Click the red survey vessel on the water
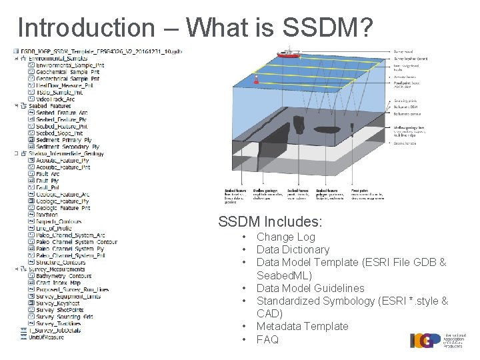pos(289,53)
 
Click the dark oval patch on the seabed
pos(326,130)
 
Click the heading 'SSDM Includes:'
pos(270,221)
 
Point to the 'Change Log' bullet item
pos(285,237)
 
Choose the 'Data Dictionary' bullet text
pos(293,249)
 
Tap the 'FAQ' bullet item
pos(267,339)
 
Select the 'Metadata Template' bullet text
pos(302,326)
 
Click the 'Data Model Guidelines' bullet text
pos(310,288)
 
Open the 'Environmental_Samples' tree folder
pos(62,59)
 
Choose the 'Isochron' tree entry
pos(47,215)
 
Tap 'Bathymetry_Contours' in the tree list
pos(63,276)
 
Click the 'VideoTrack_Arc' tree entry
pos(55,99)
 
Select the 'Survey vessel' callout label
pos(404,51)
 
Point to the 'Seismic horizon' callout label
pos(405,143)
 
